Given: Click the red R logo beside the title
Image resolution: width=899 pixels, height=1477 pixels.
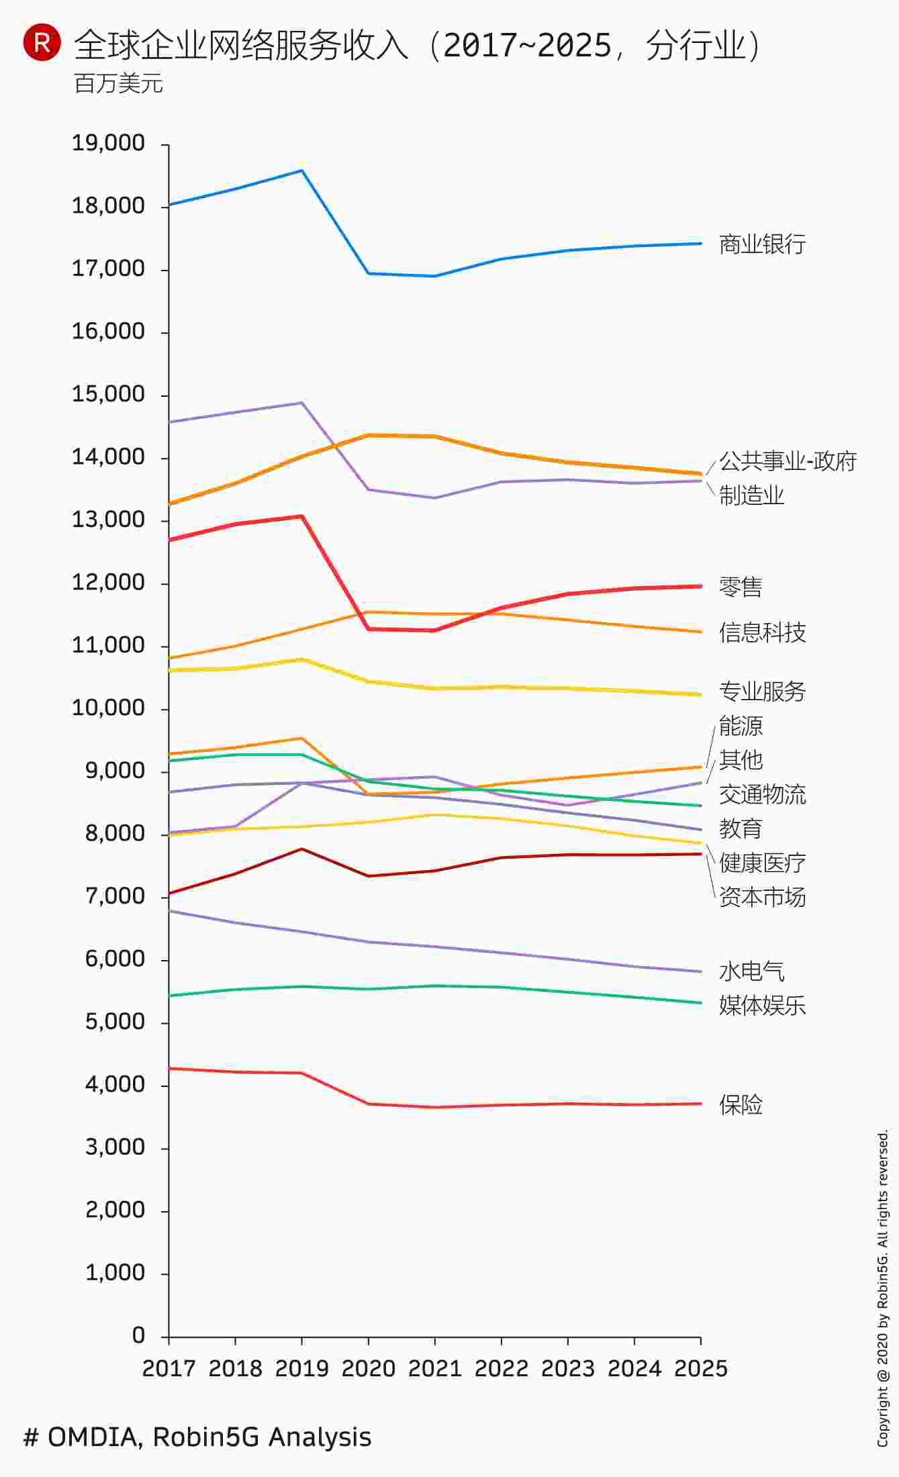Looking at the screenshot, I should tap(42, 43).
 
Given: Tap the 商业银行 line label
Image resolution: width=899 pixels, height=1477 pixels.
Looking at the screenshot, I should tap(762, 244).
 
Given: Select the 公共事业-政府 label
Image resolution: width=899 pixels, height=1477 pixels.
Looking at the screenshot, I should tap(787, 461).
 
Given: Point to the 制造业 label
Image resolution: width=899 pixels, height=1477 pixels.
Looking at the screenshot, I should tap(751, 495).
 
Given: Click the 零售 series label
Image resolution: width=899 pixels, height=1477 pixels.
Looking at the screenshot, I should tap(741, 587).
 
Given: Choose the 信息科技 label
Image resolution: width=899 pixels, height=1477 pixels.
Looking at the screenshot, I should tap(762, 632).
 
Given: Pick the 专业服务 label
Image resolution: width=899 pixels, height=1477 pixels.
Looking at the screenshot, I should tap(762, 691).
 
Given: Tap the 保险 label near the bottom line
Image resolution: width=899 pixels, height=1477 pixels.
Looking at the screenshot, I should tap(741, 1104).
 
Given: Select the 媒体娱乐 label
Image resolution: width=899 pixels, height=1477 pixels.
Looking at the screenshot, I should tap(762, 1005).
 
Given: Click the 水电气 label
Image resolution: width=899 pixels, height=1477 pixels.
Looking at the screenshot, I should tap(751, 971).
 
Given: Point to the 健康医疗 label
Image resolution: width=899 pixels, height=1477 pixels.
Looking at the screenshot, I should tap(762, 863).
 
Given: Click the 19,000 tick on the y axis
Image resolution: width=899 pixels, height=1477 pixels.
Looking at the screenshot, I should tap(108, 143).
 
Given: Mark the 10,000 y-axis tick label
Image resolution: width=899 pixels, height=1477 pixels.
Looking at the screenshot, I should tap(108, 708).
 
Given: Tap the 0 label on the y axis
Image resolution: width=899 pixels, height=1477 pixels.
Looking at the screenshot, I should tap(138, 1335).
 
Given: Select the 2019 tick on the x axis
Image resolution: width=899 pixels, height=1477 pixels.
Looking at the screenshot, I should tap(301, 1368).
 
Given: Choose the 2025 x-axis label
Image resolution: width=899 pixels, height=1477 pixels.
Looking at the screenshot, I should tap(700, 1368).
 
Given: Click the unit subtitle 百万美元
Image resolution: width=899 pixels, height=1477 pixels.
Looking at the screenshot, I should tap(119, 84).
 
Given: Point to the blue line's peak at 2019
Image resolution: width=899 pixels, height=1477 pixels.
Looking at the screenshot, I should tap(302, 171).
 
